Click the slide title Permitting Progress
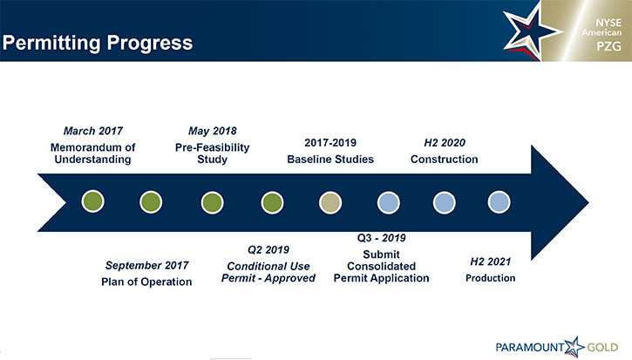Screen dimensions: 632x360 coord(98,43)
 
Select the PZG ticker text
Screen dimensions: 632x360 coord(608,46)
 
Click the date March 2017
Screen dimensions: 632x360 coord(93,131)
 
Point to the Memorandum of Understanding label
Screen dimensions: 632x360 coord(92,153)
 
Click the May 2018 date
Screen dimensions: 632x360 coord(213,131)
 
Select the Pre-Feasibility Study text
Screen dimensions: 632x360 coord(213,153)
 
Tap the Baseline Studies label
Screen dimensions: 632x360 coord(330,160)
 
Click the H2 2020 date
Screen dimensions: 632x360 coord(445,143)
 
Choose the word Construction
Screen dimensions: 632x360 coord(445,160)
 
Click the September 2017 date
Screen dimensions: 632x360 coord(146,265)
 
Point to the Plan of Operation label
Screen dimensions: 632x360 coord(146,282)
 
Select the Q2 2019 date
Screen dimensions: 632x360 coord(268,250)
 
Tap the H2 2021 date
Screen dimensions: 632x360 coord(491,262)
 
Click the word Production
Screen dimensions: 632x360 coord(491,278)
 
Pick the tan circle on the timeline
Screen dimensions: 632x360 coord(330,202)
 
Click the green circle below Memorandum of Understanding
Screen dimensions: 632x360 coord(92,201)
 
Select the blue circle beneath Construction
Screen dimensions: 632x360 coord(445,202)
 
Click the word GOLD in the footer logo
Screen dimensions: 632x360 coord(602,348)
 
